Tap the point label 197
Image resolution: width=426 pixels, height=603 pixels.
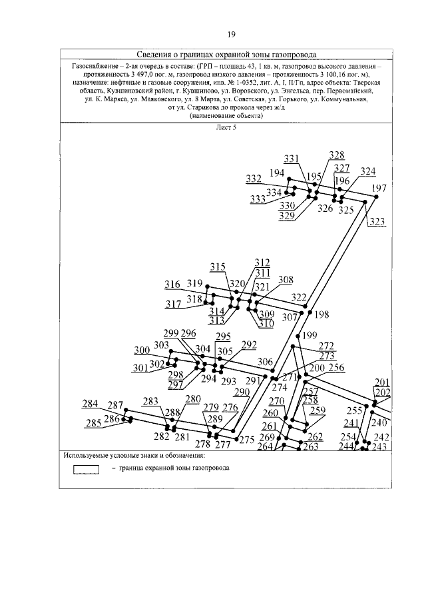379,188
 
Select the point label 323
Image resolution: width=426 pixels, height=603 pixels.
377,222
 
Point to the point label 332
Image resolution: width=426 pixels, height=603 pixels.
254,179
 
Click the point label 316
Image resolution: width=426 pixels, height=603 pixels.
173,285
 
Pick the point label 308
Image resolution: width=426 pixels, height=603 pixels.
285,280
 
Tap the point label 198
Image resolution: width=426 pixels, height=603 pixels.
322,314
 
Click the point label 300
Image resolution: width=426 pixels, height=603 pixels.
142,350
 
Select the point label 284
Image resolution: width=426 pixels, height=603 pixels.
91,404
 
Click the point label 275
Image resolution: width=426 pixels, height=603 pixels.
247,439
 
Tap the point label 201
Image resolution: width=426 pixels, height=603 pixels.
382,382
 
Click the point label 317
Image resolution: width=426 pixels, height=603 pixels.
174,304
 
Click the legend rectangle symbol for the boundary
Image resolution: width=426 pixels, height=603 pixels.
86,468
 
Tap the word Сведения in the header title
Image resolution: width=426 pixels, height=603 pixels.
157,55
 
